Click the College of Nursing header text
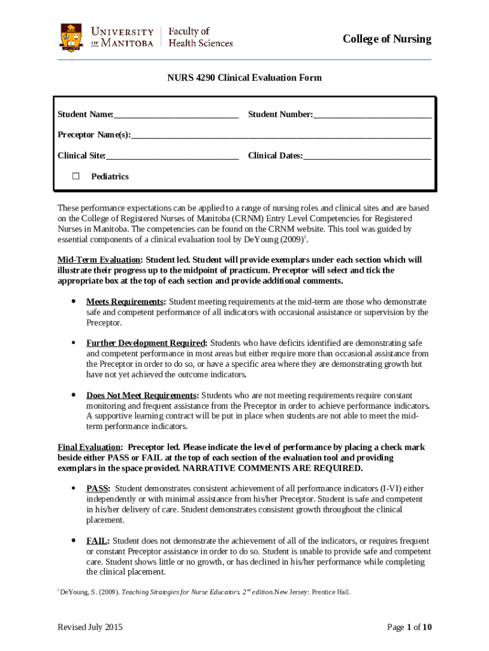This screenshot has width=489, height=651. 387,39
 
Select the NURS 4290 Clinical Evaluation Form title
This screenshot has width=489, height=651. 245,78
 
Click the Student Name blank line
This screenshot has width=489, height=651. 176,115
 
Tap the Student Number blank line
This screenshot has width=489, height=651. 372,115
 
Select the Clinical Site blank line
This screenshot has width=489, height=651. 172,156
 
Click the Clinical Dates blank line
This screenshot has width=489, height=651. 367,156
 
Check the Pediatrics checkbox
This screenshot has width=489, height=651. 76,176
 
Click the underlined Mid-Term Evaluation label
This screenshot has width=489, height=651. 99,260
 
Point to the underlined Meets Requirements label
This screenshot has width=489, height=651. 126,301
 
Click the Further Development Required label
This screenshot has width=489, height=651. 146,343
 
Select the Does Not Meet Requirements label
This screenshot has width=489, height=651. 142,395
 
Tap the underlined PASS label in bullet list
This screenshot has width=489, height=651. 98,488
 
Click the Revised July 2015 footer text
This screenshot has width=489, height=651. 90,627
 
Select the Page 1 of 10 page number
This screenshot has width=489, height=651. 410,627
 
